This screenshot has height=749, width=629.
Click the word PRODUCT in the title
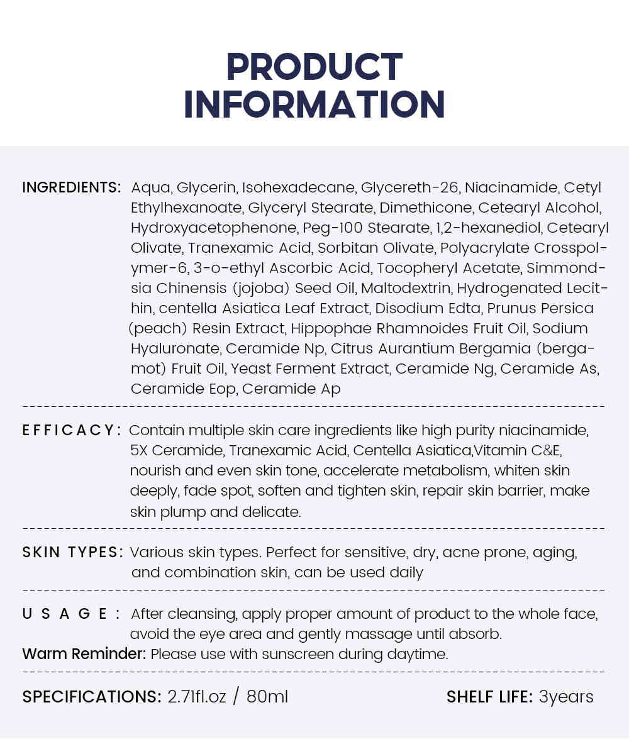pos(314,67)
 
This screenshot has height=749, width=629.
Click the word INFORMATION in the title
pos(314,105)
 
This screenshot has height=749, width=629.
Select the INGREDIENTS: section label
pos(71,187)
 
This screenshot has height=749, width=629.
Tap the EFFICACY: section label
pos(71,430)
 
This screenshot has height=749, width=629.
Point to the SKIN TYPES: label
pos(72,552)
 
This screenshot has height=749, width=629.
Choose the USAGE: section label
pos(71,614)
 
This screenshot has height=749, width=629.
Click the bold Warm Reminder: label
pos(84,654)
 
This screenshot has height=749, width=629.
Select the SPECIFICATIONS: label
pos(92,697)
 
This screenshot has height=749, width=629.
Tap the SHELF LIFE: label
pos(489,697)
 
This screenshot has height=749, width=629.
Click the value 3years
pos(566,697)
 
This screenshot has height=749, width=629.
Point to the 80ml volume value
pos(267,697)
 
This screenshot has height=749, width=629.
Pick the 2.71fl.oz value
pos(196,697)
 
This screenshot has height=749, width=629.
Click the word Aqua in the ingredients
pos(151,187)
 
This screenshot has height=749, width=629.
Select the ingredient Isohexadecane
pos(299,187)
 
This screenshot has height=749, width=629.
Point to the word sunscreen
pos(298,654)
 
